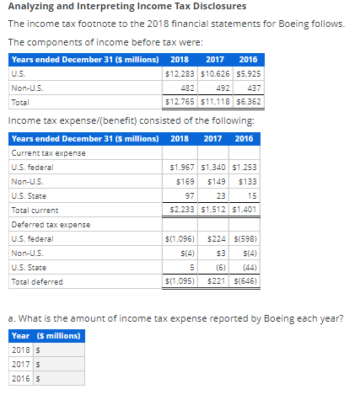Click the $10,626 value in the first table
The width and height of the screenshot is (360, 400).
213,74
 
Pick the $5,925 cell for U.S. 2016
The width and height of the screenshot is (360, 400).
245,74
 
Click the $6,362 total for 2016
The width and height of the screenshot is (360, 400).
245,101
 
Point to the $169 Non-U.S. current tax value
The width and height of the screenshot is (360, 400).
185,181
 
